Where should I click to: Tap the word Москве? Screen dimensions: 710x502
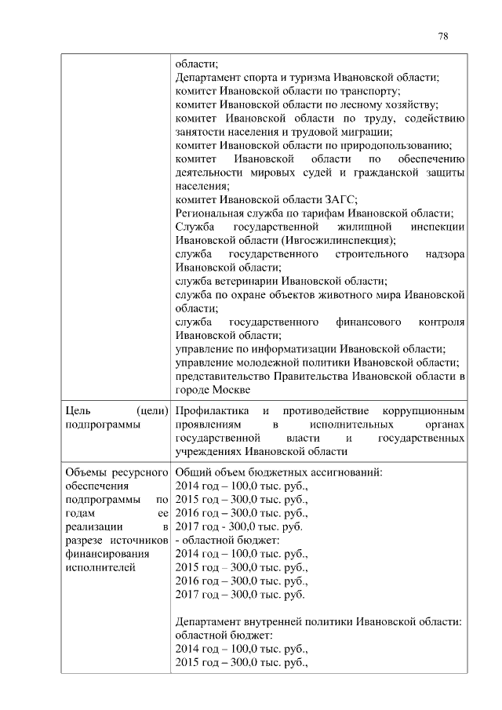click(x=231, y=389)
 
